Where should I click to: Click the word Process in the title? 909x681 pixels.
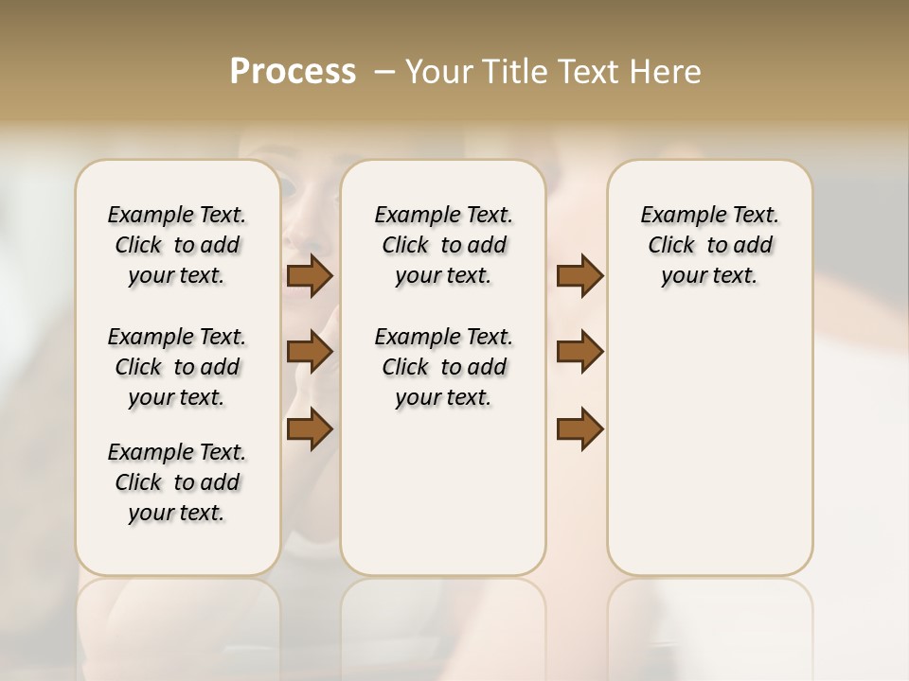[293, 72]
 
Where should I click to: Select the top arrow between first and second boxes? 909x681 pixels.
[310, 276]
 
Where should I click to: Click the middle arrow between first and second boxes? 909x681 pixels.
[310, 352]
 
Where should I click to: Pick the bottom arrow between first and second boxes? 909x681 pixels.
[310, 428]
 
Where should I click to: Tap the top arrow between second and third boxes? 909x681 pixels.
[579, 276]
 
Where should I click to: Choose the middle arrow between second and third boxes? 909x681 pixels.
[579, 352]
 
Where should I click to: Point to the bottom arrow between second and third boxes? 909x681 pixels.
[579, 428]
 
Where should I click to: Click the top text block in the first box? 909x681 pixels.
[177, 245]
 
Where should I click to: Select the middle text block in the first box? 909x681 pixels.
[177, 367]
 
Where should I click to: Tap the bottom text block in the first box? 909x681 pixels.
[177, 482]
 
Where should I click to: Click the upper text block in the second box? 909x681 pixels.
[443, 245]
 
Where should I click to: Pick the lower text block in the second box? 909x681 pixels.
[443, 367]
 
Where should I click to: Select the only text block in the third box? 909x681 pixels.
[709, 245]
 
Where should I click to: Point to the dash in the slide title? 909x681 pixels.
[384, 72]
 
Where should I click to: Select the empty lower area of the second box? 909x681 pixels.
[443, 492]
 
